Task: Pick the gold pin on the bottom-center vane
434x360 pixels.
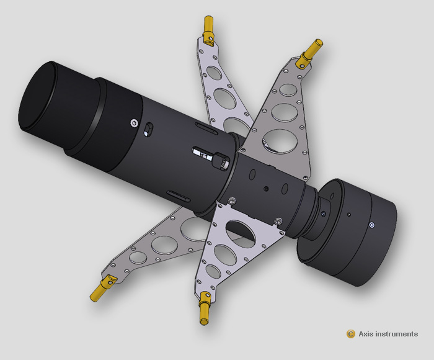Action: (204, 310)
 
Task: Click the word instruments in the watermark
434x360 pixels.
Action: (399, 334)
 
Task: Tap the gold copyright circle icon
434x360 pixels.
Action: (351, 334)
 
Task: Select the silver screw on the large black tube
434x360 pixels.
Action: (134, 123)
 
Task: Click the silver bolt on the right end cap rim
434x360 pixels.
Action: (371, 225)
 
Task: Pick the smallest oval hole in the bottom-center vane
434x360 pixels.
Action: (213, 272)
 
